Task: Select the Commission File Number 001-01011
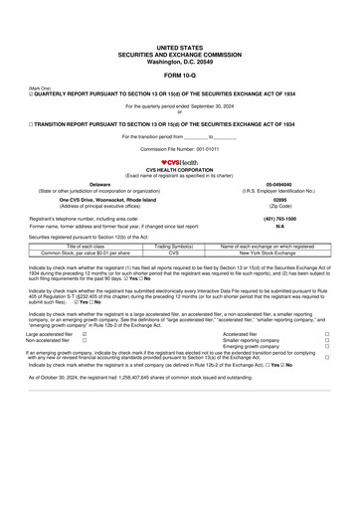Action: point(179,148)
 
